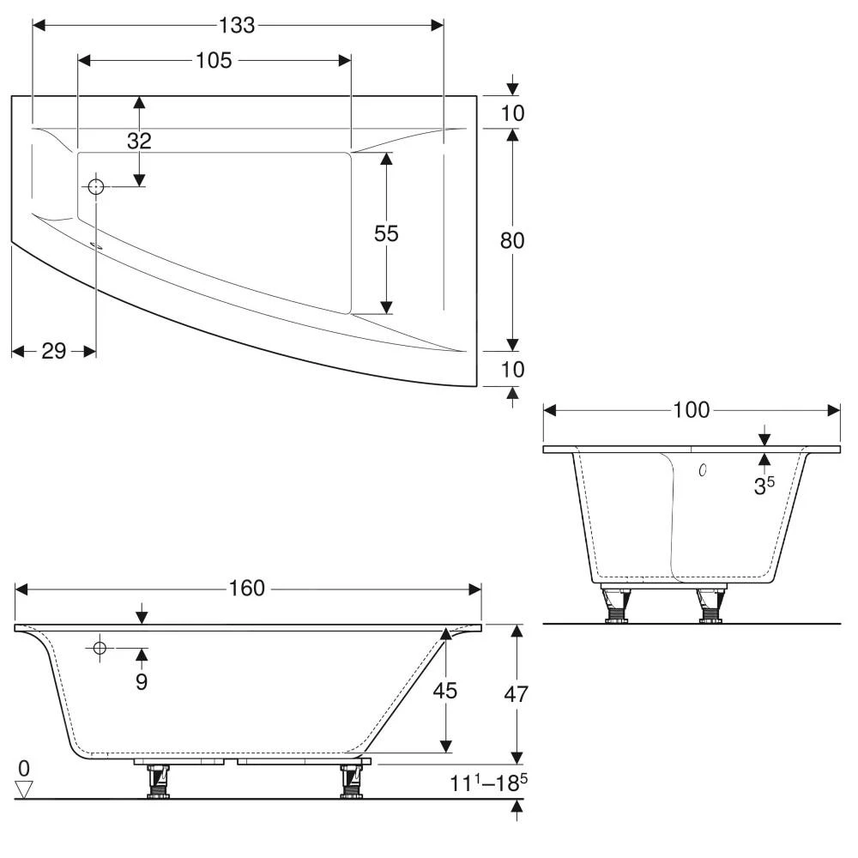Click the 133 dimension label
(x=238, y=26)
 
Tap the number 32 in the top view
(x=139, y=141)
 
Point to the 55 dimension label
(x=386, y=233)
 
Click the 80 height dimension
(x=512, y=240)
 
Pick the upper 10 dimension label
(x=512, y=112)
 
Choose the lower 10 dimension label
(x=512, y=369)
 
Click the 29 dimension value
(x=53, y=351)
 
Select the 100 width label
(x=692, y=410)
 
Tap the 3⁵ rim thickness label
(x=764, y=486)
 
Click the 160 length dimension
(x=247, y=589)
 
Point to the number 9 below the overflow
(x=142, y=682)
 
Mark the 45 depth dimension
(x=445, y=691)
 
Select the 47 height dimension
(x=515, y=694)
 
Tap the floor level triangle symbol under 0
(x=24, y=789)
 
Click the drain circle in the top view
(x=95, y=186)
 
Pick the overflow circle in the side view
(x=100, y=649)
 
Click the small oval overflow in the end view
(x=703, y=470)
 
